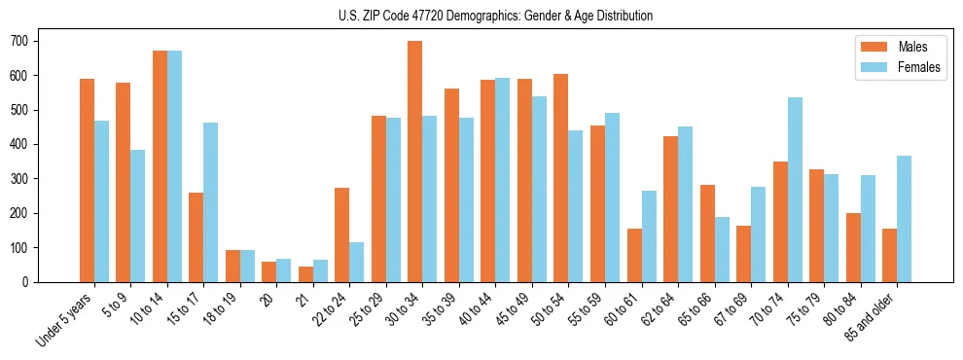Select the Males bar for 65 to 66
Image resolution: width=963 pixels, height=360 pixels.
[x=707, y=234]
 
